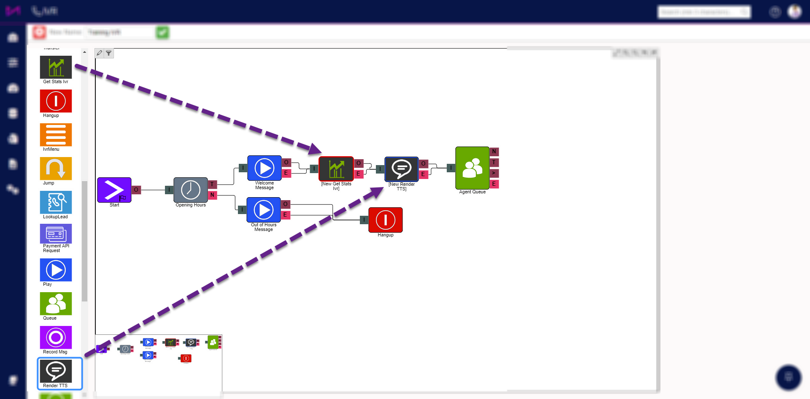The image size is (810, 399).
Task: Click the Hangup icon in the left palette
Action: pyautogui.click(x=56, y=101)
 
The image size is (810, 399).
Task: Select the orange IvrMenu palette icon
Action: pyautogui.click(x=56, y=135)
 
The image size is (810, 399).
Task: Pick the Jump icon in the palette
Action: pyautogui.click(x=56, y=168)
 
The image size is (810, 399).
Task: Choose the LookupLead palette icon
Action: pyautogui.click(x=56, y=202)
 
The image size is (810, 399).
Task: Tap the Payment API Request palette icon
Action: pyautogui.click(x=56, y=234)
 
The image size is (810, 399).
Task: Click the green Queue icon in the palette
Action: pyautogui.click(x=56, y=304)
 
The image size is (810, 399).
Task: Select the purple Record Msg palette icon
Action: pyautogui.click(x=56, y=337)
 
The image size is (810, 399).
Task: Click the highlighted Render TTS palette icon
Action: pyautogui.click(x=56, y=371)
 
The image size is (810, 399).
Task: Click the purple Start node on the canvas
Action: pyautogui.click(x=114, y=190)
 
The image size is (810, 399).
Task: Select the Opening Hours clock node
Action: pyautogui.click(x=191, y=190)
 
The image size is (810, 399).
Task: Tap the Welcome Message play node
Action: pyautogui.click(x=264, y=168)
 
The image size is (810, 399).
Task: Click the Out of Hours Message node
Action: pyautogui.click(x=264, y=210)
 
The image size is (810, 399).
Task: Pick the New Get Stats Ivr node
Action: pyautogui.click(x=336, y=169)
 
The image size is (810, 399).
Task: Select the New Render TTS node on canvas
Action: pyautogui.click(x=401, y=169)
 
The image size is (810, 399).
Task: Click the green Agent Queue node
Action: pyautogui.click(x=472, y=168)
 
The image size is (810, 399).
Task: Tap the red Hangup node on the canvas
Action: pyautogui.click(x=385, y=220)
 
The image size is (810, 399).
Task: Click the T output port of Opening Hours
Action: pyautogui.click(x=212, y=185)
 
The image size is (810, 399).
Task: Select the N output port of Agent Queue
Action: pyautogui.click(x=494, y=152)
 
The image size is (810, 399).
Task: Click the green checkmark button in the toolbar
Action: pyautogui.click(x=162, y=33)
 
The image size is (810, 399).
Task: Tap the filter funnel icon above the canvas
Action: pyautogui.click(x=109, y=53)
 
